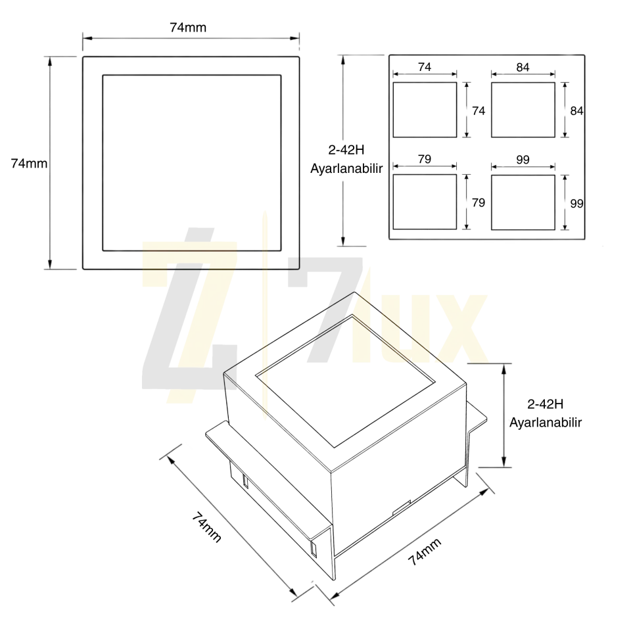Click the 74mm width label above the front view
188,28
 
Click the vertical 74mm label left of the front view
29,164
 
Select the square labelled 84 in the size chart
523,110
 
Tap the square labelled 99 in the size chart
523,202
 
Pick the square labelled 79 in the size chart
425,202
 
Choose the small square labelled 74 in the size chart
425,110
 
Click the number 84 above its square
523,67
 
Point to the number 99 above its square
523,160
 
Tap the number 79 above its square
425,159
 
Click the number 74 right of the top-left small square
479,110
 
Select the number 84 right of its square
576,110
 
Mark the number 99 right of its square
576,204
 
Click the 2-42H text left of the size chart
346,150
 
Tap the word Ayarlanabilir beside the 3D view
546,423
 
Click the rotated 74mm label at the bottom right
425,551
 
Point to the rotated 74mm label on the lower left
206,527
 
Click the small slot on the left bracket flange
245,481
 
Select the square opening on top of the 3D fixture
345,381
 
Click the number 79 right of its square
479,202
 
